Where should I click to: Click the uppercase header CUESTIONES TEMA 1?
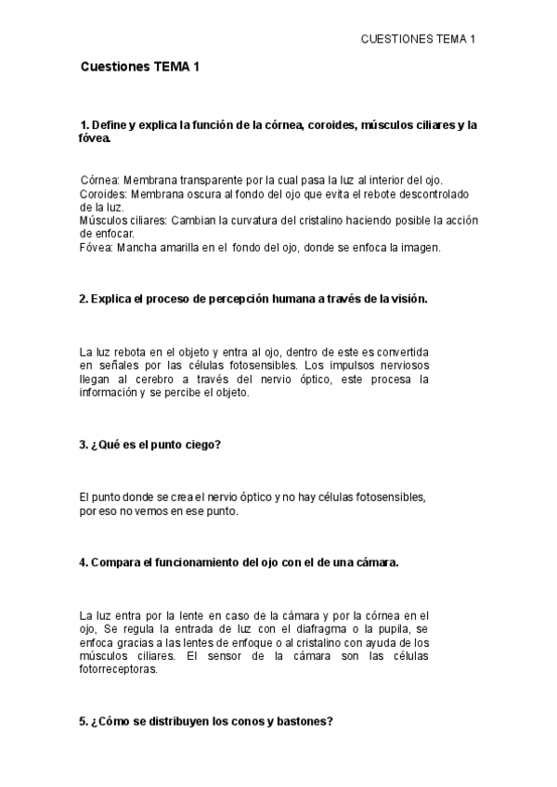[418, 39]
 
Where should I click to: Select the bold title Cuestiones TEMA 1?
[140, 67]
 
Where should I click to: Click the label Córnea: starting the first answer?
[100, 179]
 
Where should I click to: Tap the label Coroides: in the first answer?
[104, 194]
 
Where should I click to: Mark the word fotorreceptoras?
[120, 669]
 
